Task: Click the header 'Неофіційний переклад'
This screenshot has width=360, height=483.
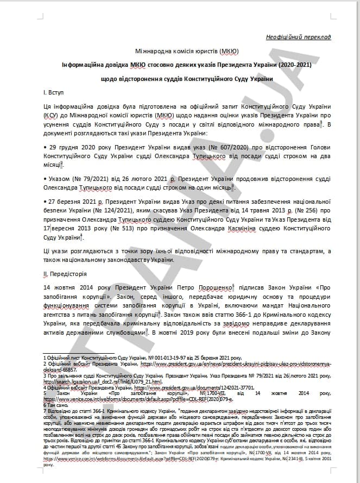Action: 298,37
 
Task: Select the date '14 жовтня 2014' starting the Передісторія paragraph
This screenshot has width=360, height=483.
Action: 68,288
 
